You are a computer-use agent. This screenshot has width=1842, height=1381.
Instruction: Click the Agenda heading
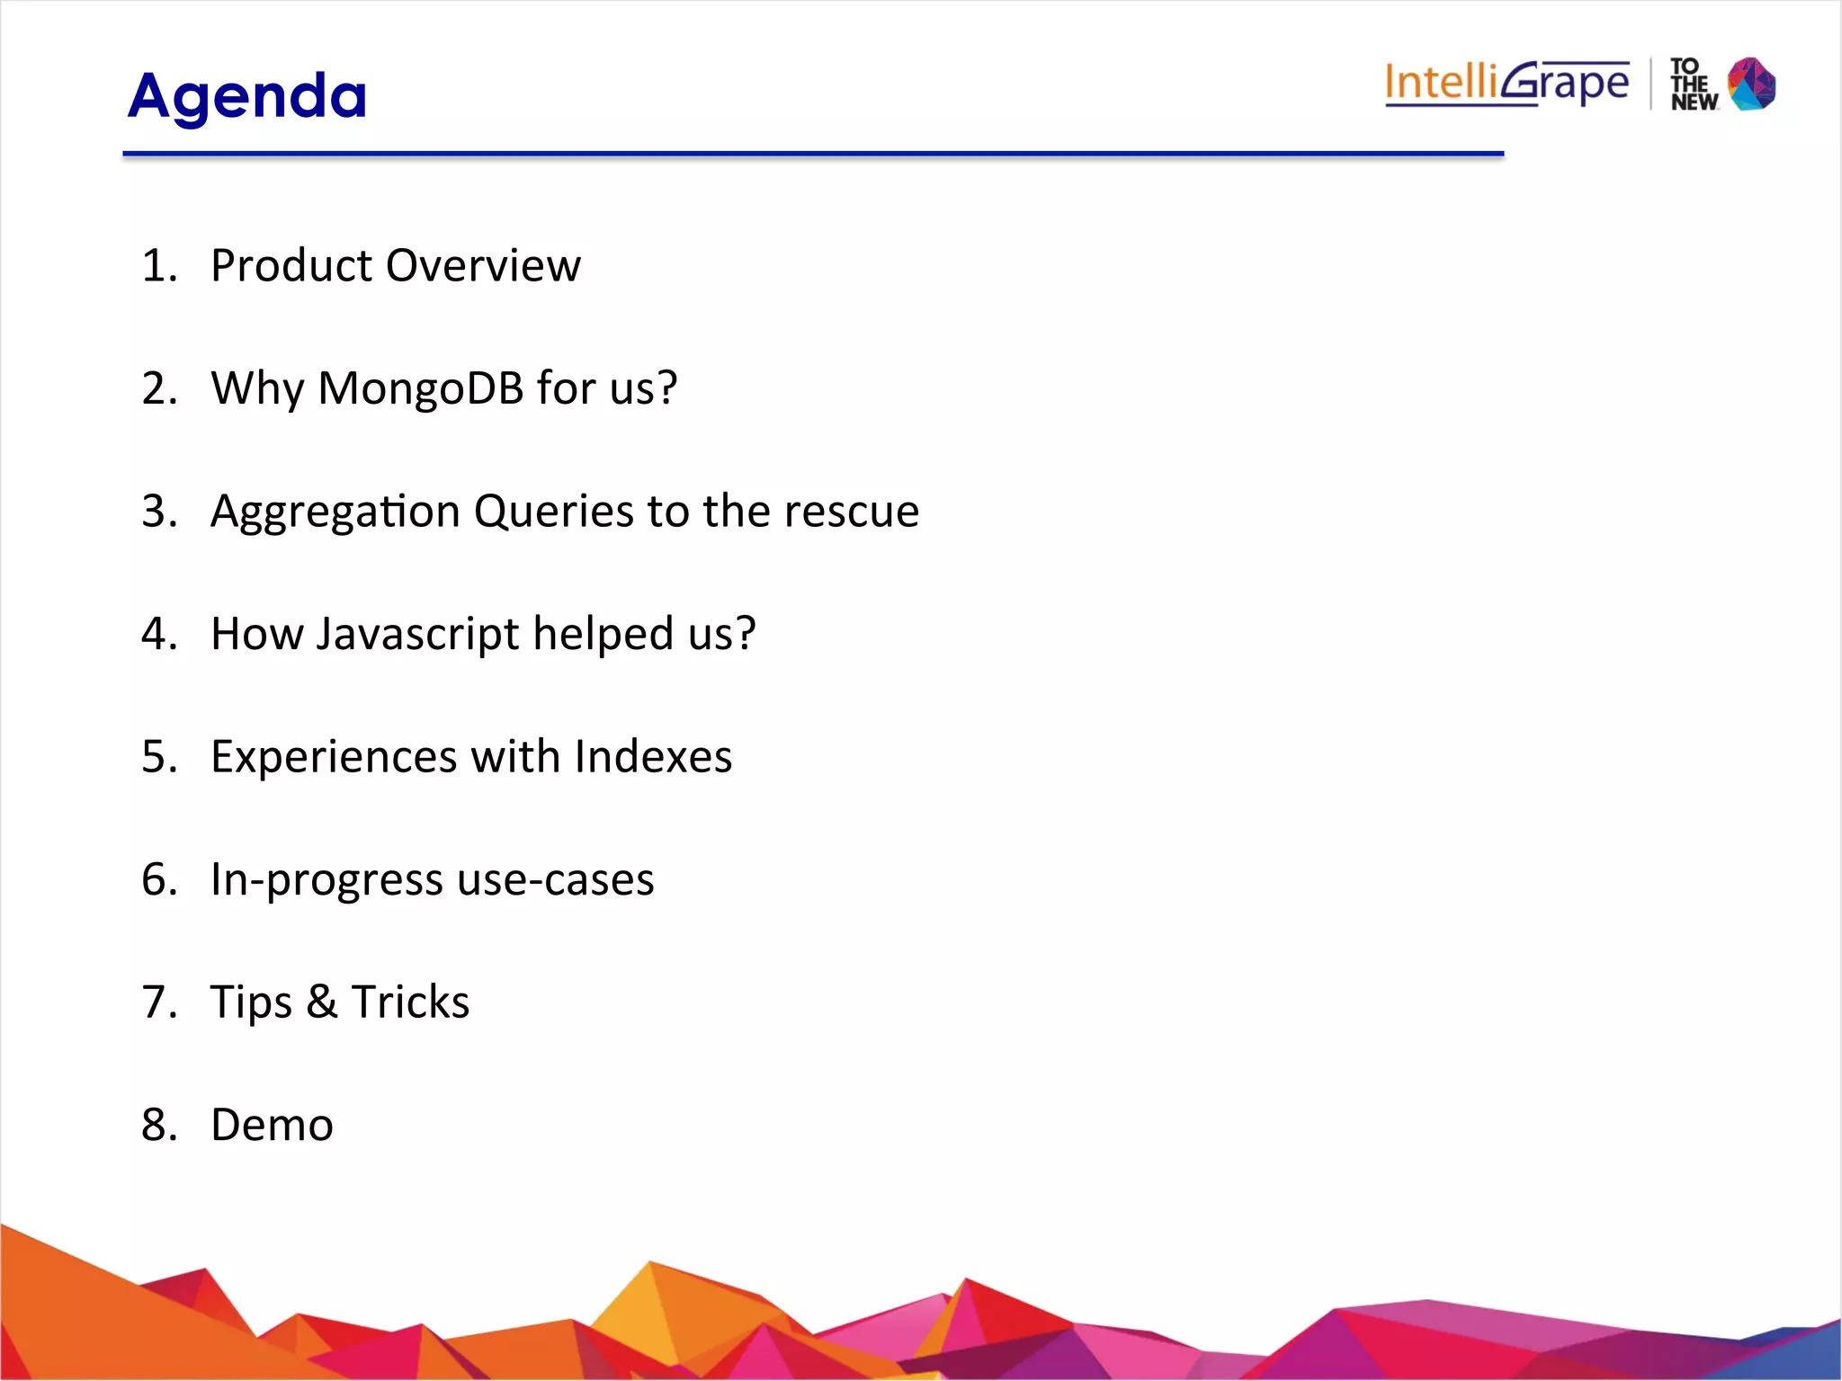247,96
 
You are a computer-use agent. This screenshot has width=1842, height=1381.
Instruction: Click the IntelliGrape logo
1507,84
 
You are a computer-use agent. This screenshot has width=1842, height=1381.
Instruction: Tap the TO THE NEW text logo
1693,85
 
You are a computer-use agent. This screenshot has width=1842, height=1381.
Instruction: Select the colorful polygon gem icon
1751,84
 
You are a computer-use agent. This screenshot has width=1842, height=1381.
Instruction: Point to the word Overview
483,265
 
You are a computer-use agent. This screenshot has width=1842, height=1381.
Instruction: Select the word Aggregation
335,512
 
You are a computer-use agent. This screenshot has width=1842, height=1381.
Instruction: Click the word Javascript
417,635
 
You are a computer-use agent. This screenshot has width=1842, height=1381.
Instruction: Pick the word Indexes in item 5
653,756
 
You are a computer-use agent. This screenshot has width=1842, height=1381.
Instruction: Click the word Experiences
334,756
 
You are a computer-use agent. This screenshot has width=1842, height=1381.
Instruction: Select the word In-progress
326,880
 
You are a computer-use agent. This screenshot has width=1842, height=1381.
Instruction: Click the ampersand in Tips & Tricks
321,1002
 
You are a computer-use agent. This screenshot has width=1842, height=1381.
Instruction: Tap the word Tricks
410,1002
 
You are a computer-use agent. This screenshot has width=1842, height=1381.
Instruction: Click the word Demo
272,1125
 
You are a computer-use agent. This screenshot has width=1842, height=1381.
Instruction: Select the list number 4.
156,634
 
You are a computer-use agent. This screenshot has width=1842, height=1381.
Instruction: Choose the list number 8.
156,1125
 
